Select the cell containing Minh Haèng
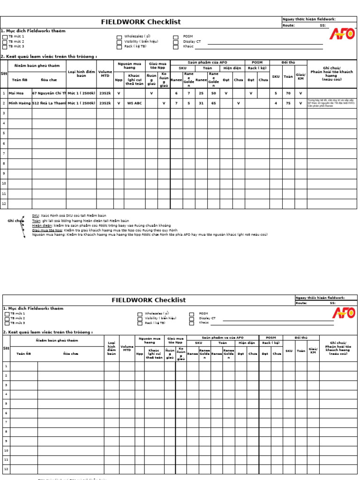(20, 103)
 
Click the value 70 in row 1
(288, 93)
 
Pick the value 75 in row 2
(288, 103)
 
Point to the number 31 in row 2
(201, 103)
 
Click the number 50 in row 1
(213, 93)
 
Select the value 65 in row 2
(213, 103)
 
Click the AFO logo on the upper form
(342, 34)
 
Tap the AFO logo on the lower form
(344, 313)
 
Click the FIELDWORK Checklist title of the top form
(141, 22)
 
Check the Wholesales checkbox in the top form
(120, 37)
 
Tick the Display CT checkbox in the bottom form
(192, 318)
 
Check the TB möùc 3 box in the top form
(5, 47)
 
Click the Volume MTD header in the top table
(105, 74)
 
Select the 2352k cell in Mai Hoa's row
(105, 93)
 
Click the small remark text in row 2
(331, 103)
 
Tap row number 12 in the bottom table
(7, 469)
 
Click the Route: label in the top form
(288, 26)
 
